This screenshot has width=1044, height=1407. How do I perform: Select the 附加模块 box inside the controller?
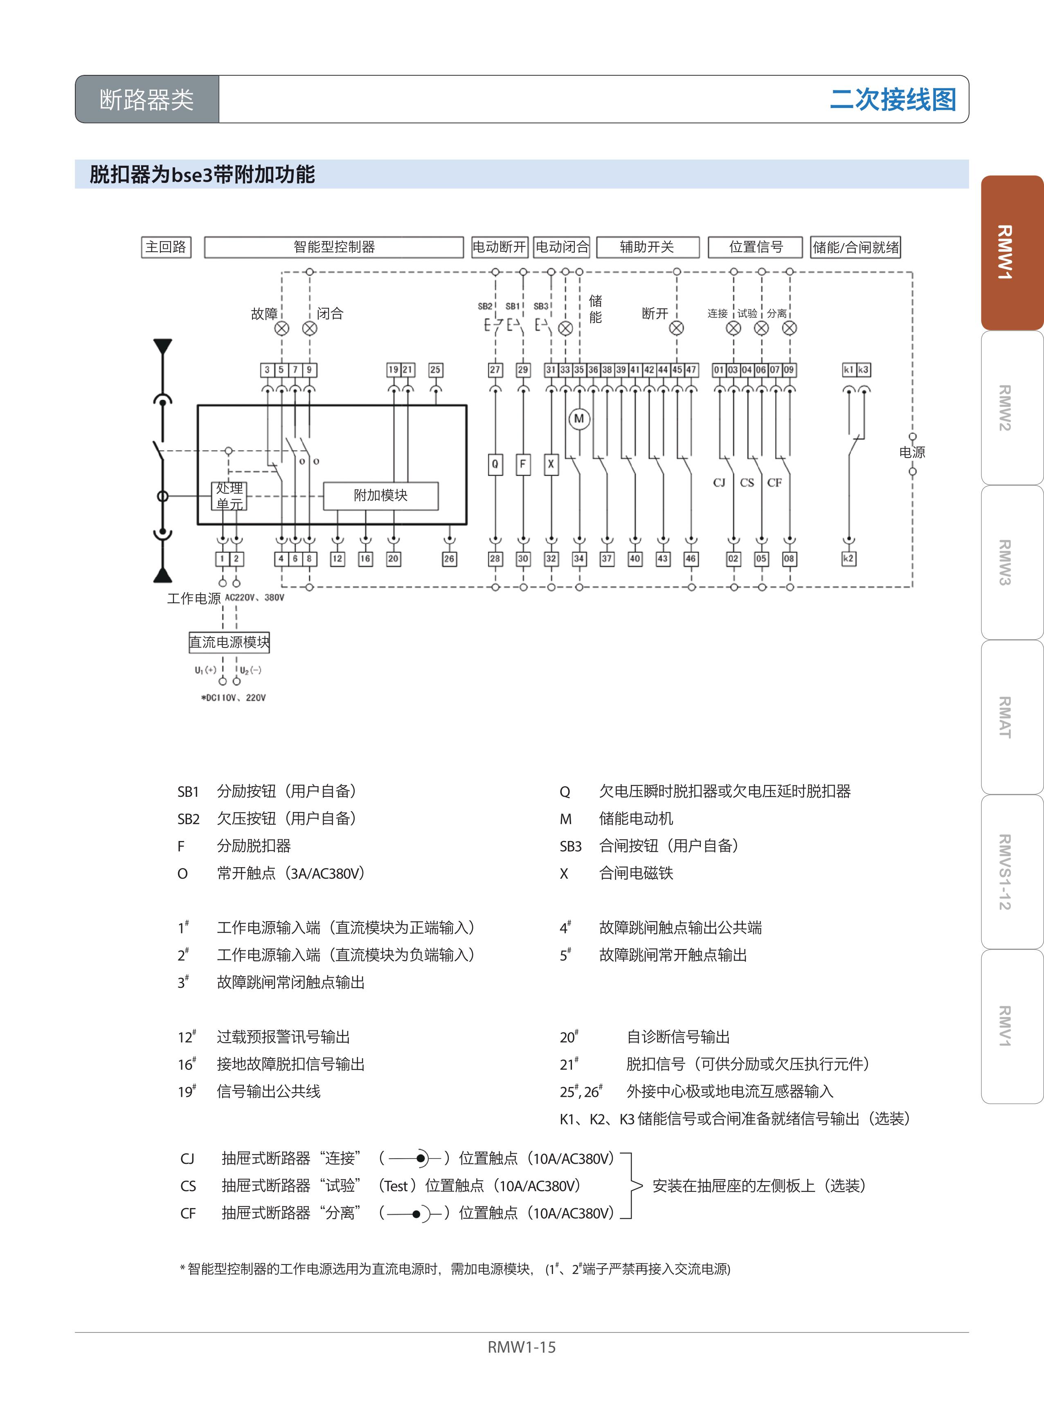pos(380,496)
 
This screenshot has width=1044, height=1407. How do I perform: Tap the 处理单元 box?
pos(229,496)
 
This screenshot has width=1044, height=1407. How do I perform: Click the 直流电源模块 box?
pos(229,642)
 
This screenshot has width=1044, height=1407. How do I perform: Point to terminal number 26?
pos(449,559)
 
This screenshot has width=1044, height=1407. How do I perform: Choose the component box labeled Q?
pos(495,464)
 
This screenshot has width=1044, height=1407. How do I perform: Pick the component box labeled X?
pos(551,464)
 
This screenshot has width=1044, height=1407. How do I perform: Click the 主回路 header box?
pos(166,247)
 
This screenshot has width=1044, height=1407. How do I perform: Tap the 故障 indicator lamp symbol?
pos(282,328)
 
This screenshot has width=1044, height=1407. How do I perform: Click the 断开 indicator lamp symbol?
pos(677,328)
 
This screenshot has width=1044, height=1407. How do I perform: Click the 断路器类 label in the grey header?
pos(146,99)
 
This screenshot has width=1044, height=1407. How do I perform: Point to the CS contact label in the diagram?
pos(747,483)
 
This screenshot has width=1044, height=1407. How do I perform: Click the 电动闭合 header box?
pos(562,247)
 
